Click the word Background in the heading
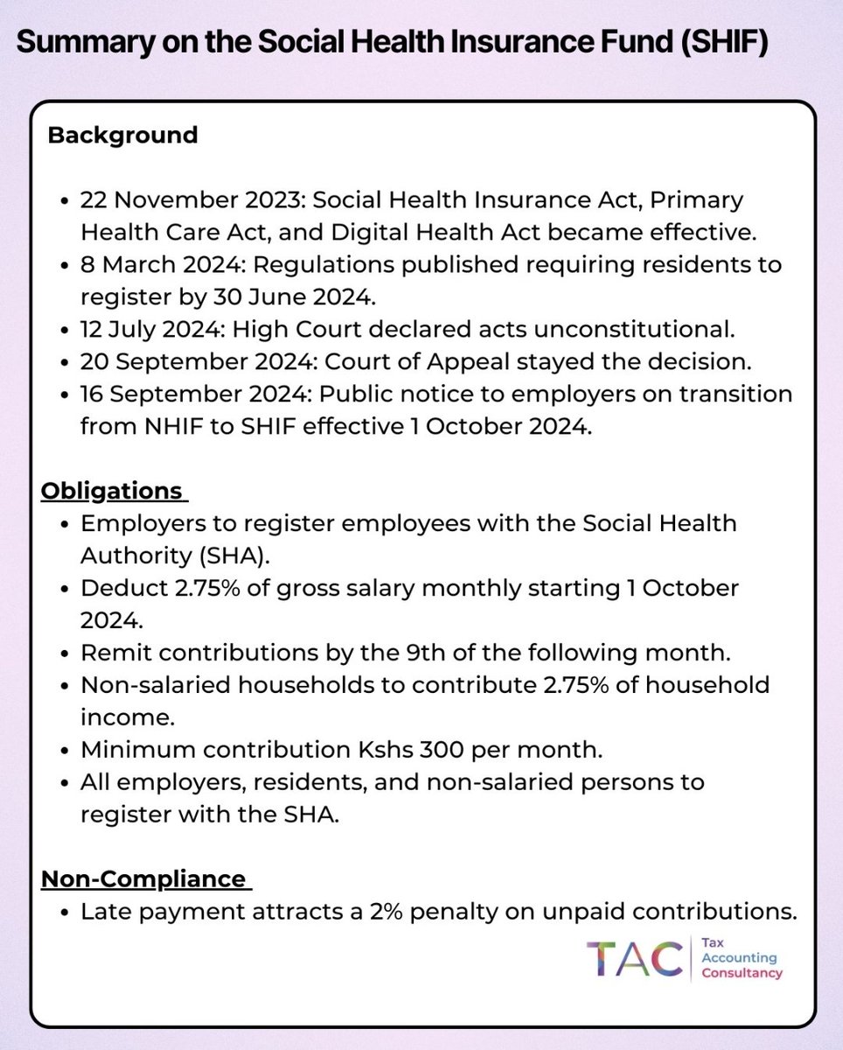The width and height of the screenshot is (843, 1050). pos(122,136)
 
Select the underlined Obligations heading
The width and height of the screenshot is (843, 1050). pos(113,490)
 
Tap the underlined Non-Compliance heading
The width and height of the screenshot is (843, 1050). pos(144,878)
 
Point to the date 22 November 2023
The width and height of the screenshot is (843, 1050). pos(183,199)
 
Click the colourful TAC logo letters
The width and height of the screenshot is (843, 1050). pos(634,959)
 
